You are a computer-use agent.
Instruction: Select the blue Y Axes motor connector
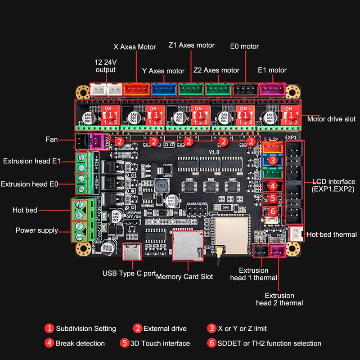tap(164, 90)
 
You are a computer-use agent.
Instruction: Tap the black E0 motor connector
tap(245, 90)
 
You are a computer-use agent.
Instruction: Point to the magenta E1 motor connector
tap(273, 90)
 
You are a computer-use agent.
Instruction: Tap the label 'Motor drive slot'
tap(331, 119)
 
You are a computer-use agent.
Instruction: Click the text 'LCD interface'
tap(333, 181)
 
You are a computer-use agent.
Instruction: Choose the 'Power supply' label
tap(37, 230)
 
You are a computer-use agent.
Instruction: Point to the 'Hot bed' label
tap(25, 210)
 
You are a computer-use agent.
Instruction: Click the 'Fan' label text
tap(52, 139)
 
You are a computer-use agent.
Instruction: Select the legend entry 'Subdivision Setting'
tap(85, 329)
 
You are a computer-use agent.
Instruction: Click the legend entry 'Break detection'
tap(80, 343)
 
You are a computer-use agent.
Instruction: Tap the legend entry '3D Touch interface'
tap(160, 343)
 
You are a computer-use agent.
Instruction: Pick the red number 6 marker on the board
tap(272, 211)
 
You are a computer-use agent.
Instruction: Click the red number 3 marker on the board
tap(272, 160)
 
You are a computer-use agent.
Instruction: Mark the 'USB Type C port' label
tap(129, 273)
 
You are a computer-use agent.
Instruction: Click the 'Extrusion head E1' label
tap(31, 161)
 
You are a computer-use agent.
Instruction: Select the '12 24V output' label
tap(105, 66)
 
